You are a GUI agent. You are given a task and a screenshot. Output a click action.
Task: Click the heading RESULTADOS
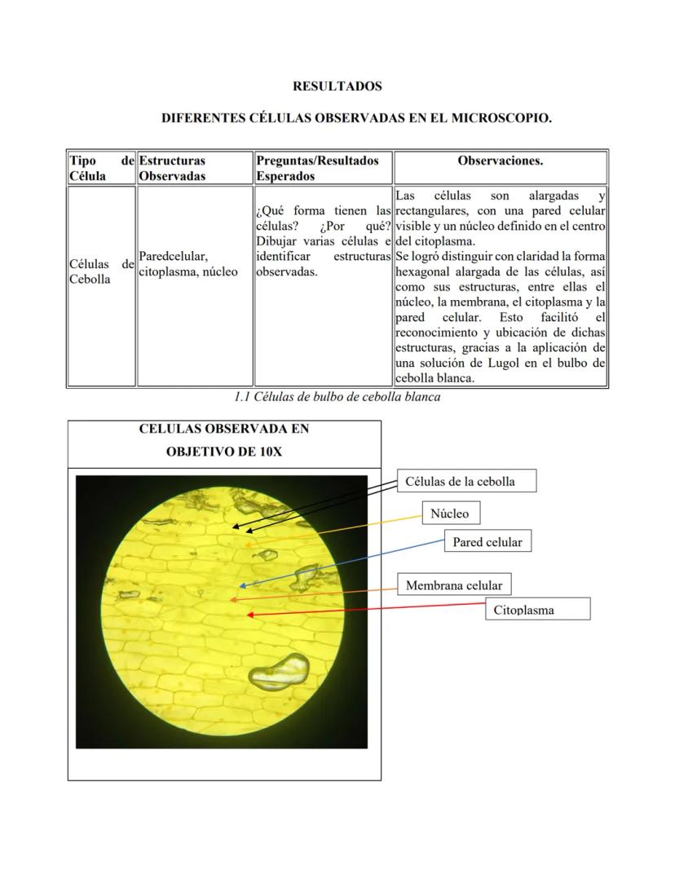click(337, 86)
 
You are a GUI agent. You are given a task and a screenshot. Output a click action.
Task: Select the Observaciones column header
click(500, 161)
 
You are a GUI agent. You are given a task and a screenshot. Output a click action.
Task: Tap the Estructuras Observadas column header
click(172, 168)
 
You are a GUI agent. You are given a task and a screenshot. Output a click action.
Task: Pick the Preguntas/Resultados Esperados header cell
click(317, 168)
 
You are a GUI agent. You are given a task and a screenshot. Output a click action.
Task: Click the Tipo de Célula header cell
click(101, 168)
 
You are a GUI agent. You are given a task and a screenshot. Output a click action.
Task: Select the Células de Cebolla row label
click(101, 271)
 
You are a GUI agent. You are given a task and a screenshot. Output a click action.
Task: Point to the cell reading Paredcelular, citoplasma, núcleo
click(188, 264)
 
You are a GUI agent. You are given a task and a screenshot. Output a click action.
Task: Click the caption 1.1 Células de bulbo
click(337, 397)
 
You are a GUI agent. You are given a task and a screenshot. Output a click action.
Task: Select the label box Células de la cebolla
click(467, 481)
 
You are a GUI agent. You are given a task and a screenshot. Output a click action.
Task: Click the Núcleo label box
click(450, 514)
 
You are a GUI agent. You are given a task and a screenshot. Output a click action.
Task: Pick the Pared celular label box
click(487, 541)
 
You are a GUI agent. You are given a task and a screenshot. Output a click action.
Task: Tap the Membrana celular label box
click(453, 585)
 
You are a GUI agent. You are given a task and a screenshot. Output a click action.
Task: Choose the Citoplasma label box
click(537, 609)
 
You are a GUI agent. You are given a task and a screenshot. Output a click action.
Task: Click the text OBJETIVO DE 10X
click(223, 451)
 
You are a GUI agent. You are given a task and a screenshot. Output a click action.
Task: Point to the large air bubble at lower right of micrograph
click(278, 669)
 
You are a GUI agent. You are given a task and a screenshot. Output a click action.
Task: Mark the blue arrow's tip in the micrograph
click(241, 585)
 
